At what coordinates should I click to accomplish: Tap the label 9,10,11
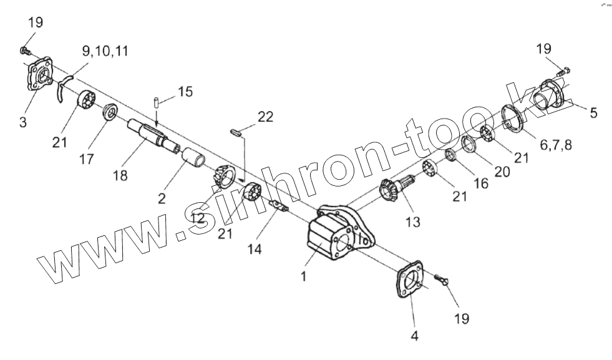106,51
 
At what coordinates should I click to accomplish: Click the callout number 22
265,117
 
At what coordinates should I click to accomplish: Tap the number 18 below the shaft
120,175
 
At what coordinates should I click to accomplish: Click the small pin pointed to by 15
157,101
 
